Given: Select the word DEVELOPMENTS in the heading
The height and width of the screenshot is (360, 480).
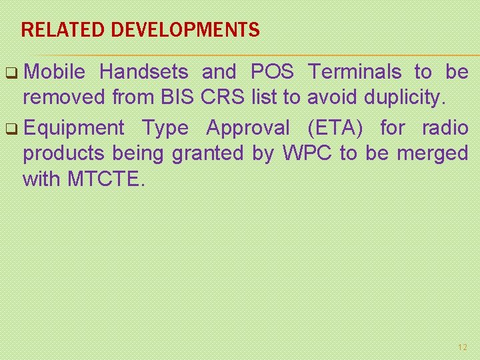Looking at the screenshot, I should (185, 30).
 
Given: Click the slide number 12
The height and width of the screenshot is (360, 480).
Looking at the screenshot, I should (463, 347).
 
